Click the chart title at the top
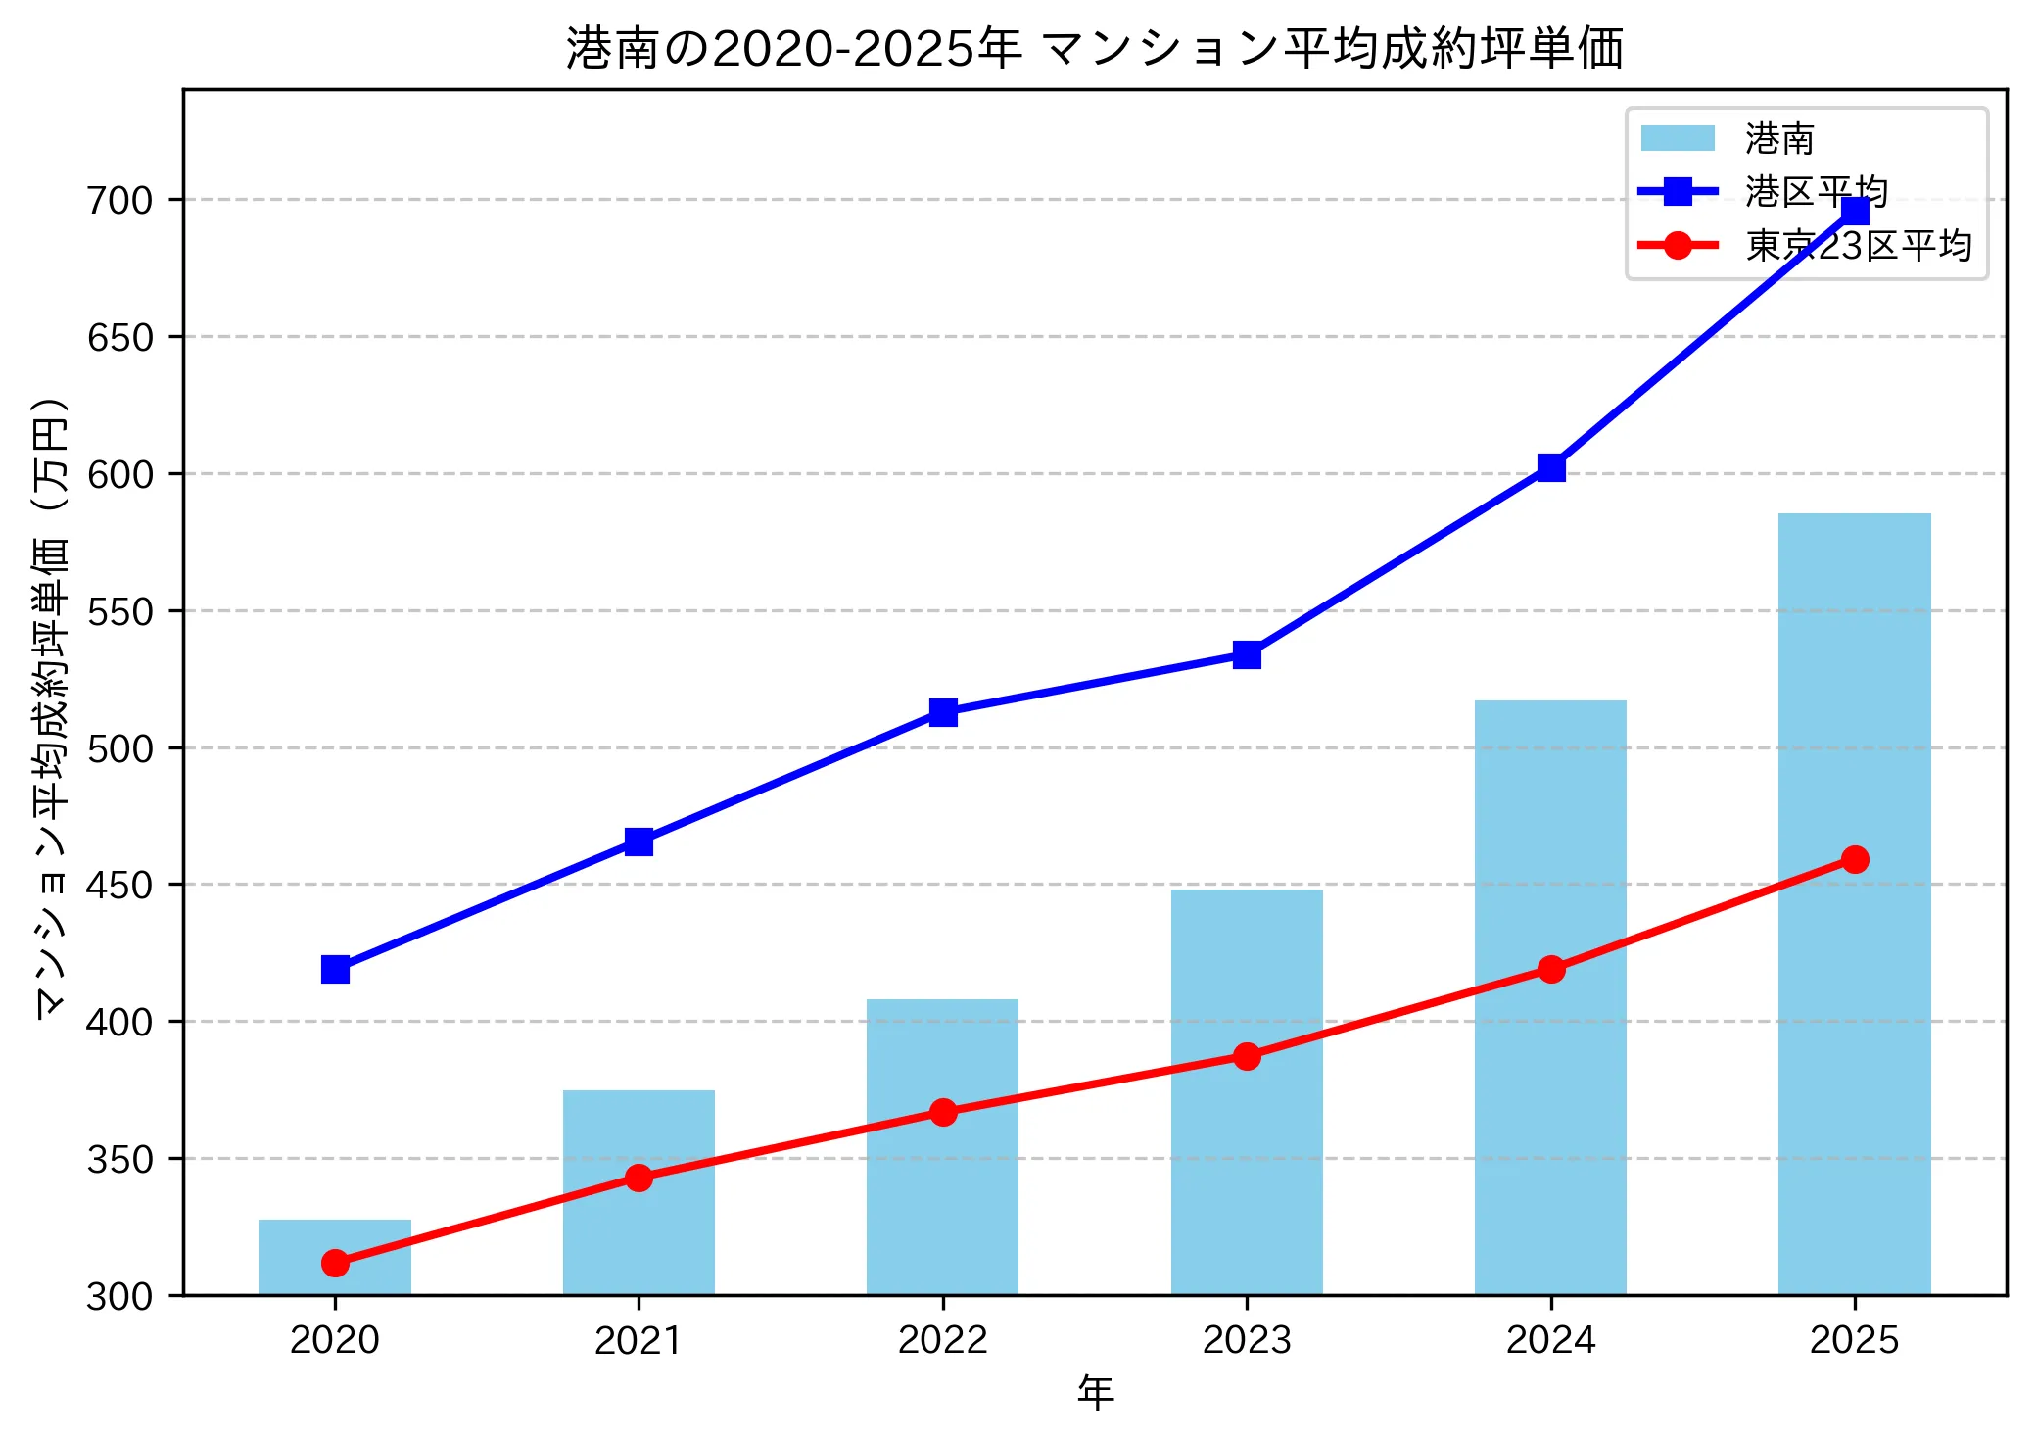1095,49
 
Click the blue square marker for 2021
639,842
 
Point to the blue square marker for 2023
1247,654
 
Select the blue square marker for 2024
1551,467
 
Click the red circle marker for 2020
335,1263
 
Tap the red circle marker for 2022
943,1112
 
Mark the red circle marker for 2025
1855,859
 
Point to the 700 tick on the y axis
120,201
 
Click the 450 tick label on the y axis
120,886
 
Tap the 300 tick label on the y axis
120,1297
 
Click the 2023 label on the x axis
1247,1340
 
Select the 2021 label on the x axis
639,1340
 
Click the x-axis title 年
1095,1393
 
